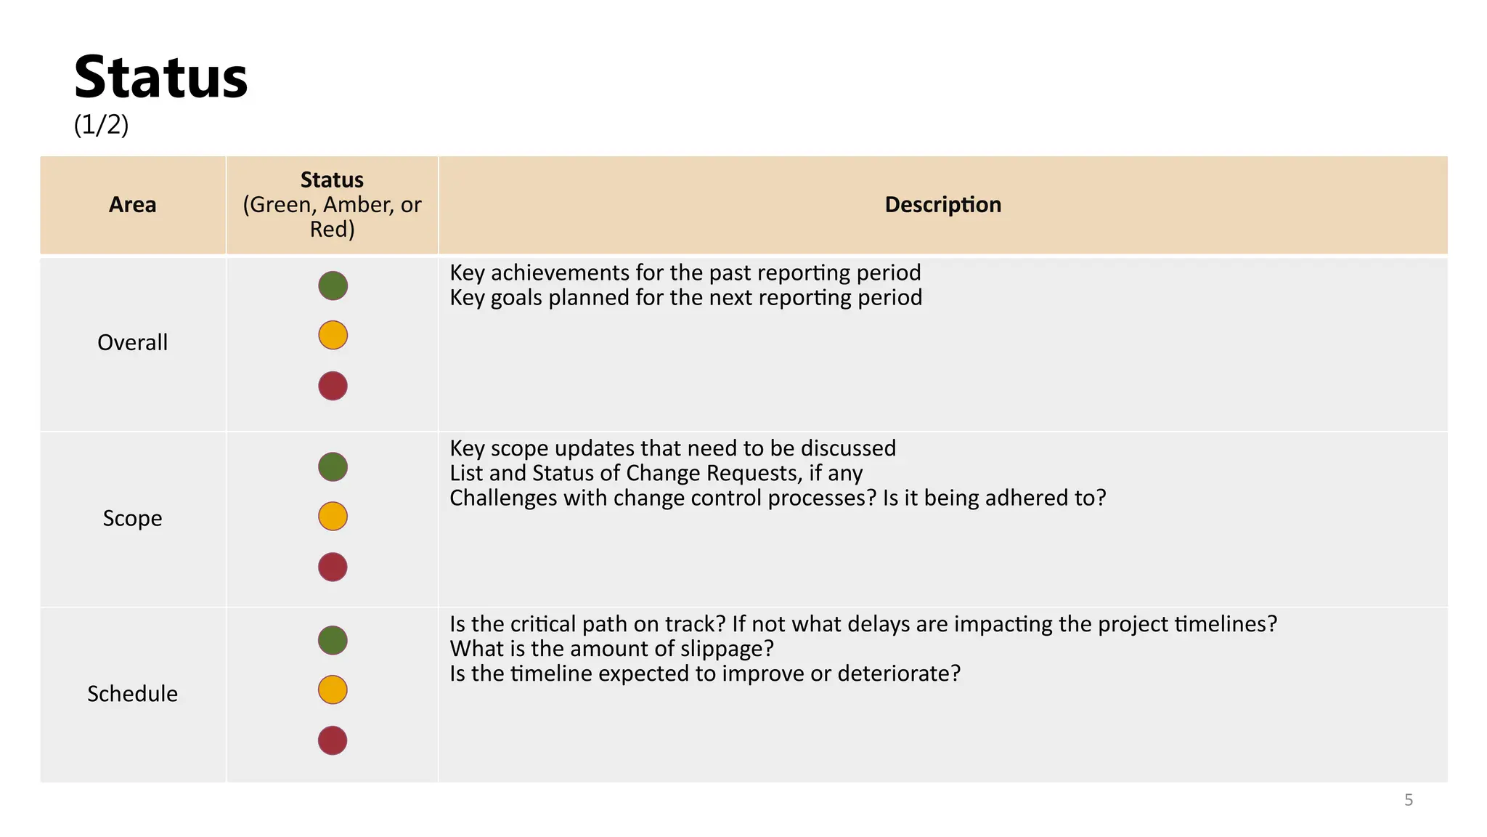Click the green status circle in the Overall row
(333, 286)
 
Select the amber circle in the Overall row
(333, 336)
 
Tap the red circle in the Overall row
(333, 386)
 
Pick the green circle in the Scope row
(333, 466)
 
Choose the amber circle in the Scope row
(333, 517)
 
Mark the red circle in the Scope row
(333, 567)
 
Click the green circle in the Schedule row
(333, 640)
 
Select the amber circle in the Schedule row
(333, 690)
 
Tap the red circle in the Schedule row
(333, 740)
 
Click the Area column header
(132, 205)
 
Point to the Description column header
(942, 205)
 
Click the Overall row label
(132, 342)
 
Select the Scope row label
(132, 518)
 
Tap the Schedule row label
(132, 694)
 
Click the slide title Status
(160, 77)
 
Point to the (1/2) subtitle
(101, 125)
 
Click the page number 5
(1409, 800)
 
